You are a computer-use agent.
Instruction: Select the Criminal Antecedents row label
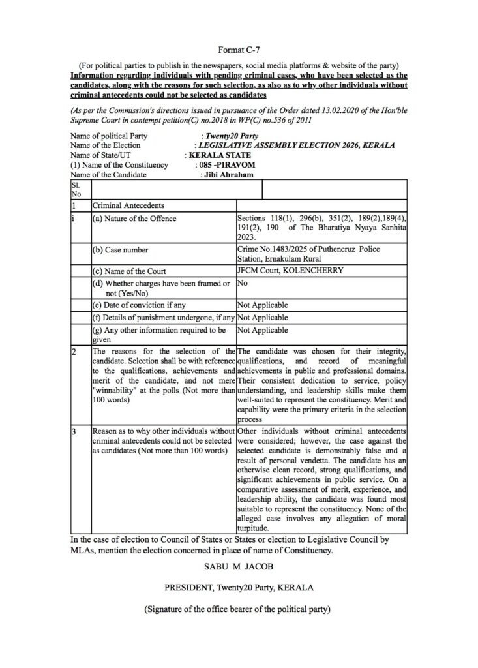[124, 205]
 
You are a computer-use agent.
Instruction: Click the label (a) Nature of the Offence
[134, 219]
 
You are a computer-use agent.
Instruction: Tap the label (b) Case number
[121, 250]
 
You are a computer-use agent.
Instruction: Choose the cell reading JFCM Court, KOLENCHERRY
[290, 271]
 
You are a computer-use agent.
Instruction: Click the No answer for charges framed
[243, 284]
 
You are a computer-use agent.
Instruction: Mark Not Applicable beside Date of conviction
[263, 305]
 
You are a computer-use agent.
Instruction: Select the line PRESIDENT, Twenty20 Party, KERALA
[239, 588]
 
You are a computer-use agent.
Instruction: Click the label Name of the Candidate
[109, 175]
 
